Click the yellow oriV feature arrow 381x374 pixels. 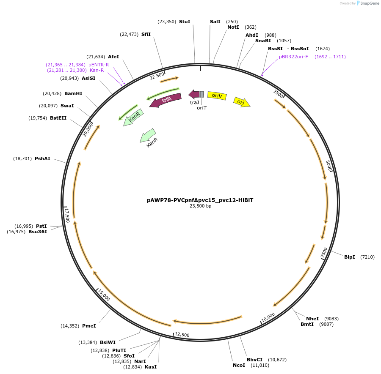tap(217, 96)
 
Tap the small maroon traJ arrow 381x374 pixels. tap(194, 94)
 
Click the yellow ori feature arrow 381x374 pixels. tap(242, 102)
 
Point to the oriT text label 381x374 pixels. tap(202, 108)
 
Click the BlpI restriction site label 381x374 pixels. tap(349, 257)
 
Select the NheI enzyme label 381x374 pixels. tap(312, 319)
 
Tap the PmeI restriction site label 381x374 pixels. tap(89, 326)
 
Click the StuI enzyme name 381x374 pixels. tap(185, 22)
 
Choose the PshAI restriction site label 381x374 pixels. tap(42, 158)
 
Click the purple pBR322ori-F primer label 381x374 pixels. tap(293, 57)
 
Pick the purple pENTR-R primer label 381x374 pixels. tap(99, 65)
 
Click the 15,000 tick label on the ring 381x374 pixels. tap(104, 295)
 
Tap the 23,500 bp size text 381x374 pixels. tap(200, 206)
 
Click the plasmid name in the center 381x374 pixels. tap(200, 200)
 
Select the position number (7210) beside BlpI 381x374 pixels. tap(367, 257)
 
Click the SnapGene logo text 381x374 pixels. tap(370, 3)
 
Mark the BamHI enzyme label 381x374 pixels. tap(73, 93)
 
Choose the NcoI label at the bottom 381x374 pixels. tap(239, 365)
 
